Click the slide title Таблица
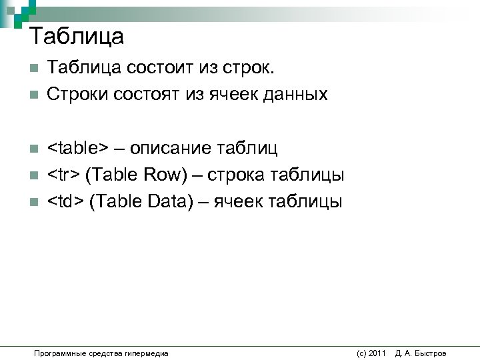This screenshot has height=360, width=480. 77,36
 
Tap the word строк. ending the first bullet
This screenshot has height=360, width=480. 257,67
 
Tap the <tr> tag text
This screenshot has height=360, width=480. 64,175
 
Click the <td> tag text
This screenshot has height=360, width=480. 65,201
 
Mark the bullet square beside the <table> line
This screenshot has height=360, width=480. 34,148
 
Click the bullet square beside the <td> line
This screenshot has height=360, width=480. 34,202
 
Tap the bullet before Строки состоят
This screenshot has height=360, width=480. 34,95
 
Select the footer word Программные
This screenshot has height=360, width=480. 57,353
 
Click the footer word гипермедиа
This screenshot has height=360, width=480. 150,353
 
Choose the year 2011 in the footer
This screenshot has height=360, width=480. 377,353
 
